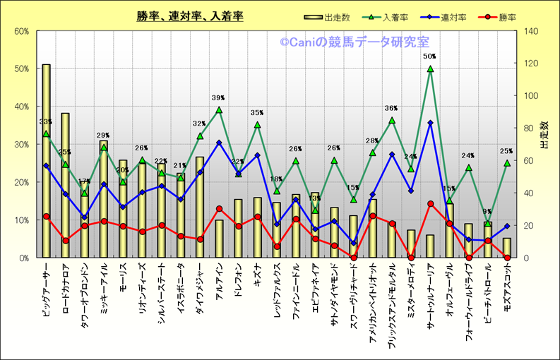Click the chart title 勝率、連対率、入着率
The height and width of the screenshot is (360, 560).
click(190, 16)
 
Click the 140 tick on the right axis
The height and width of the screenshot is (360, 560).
click(530, 31)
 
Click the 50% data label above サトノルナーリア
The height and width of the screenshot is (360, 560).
click(429, 56)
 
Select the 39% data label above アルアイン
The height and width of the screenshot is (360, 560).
click(218, 98)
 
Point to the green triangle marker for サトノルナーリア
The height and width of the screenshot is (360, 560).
click(430, 68)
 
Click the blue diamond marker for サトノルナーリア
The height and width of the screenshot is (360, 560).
click(430, 123)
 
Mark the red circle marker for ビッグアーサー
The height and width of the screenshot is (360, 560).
click(46, 216)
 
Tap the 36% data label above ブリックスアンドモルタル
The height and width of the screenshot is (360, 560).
click(391, 109)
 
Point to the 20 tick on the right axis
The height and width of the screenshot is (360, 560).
click(528, 225)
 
